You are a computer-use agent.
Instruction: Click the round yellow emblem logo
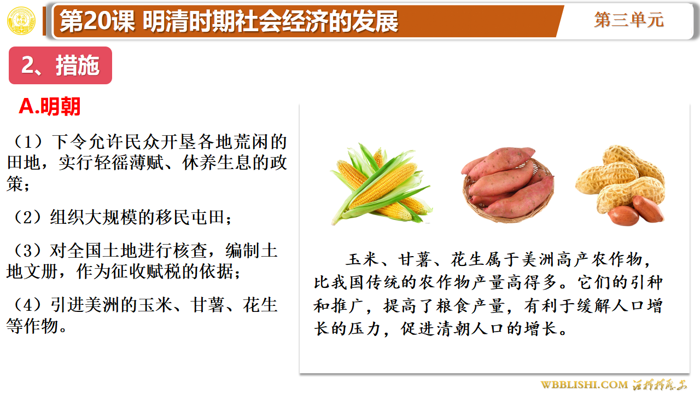21,21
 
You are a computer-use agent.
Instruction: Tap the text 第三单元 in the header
629,20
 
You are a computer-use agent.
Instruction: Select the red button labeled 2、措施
60,65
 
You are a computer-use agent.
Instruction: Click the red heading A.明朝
50,106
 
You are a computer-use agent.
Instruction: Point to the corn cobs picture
382,184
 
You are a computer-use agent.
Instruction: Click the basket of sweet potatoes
508,184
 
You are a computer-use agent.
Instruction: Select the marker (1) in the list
28,142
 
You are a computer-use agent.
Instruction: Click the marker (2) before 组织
27,217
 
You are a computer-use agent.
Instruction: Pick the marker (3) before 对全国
27,251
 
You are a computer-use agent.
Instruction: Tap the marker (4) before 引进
27,305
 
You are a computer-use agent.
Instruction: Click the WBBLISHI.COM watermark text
584,385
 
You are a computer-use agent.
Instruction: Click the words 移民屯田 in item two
191,217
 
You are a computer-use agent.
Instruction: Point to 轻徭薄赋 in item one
130,163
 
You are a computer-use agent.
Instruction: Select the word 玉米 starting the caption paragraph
363,259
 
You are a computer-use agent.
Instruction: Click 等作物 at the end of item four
32,326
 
